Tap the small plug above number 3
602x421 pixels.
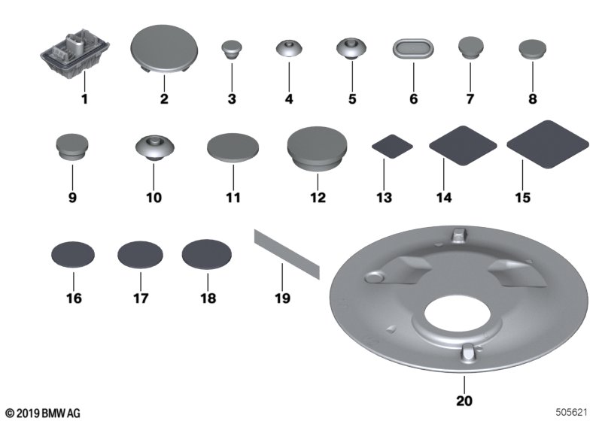[x=233, y=50]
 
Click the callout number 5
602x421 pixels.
[x=351, y=98]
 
